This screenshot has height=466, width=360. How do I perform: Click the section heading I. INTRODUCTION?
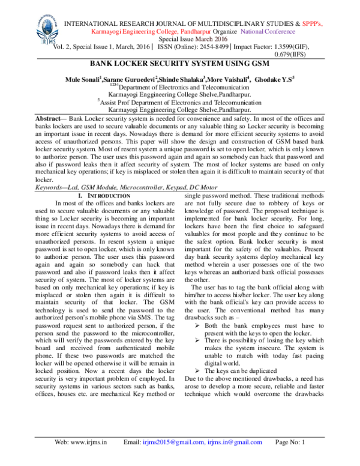[x=104, y=196]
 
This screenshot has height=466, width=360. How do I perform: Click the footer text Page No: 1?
[x=290, y=459]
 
